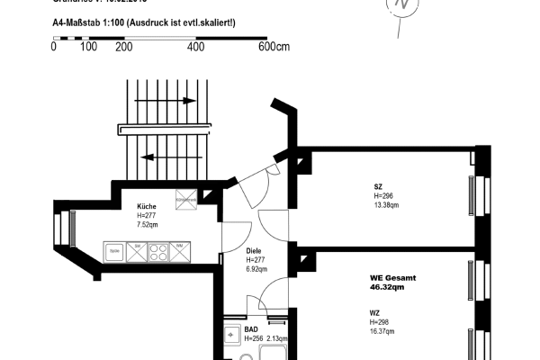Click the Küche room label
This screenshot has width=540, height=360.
(148, 206)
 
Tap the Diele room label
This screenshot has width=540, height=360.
(254, 251)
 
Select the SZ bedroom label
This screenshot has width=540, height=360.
(378, 187)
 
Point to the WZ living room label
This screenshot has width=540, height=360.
(374, 313)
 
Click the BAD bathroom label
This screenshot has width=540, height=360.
(252, 329)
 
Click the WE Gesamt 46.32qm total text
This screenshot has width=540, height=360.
(393, 283)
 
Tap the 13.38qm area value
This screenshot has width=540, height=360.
(385, 203)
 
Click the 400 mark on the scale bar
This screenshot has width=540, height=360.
(195, 46)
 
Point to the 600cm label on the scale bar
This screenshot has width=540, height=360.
(274, 46)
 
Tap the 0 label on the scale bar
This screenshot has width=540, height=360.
(55, 46)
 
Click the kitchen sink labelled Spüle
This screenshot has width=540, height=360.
(115, 251)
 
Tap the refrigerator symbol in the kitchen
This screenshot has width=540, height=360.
(185, 201)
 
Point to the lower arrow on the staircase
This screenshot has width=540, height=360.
(158, 157)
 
